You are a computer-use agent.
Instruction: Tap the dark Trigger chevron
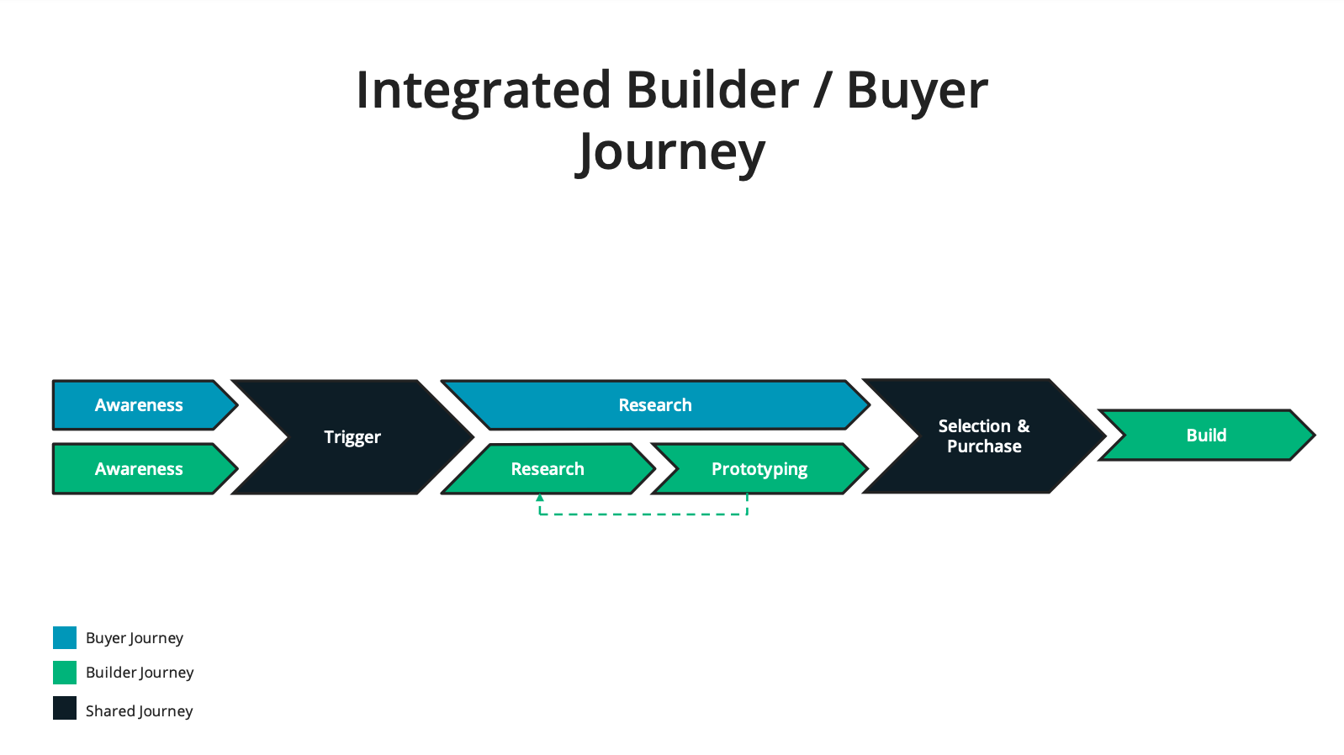(352, 436)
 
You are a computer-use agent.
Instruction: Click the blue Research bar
(655, 405)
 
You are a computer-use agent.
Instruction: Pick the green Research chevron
(548, 469)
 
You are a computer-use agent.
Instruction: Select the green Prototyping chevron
(759, 469)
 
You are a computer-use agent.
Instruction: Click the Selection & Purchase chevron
(984, 436)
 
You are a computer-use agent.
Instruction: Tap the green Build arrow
(1207, 436)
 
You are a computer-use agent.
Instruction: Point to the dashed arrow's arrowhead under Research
(539, 498)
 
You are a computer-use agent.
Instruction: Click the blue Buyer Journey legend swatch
(65, 637)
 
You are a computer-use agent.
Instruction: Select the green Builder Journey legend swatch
(65, 673)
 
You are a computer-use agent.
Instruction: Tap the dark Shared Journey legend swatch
(65, 708)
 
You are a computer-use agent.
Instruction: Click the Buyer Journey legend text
(135, 638)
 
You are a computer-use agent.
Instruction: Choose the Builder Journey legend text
(140, 673)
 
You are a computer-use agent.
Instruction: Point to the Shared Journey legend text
(140, 711)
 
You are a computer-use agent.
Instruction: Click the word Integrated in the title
(484, 91)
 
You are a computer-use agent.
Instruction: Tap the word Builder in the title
(713, 90)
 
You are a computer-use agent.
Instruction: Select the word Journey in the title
(670, 153)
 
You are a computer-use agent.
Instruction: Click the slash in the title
(823, 90)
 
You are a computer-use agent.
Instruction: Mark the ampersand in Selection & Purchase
(1024, 426)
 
